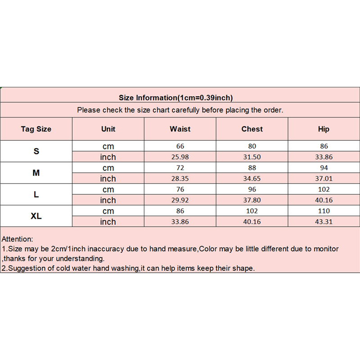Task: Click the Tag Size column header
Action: coord(36,129)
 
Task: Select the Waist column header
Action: coord(180,129)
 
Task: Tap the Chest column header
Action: coord(252,129)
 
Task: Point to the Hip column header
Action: coord(324,129)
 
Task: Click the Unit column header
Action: coord(108,129)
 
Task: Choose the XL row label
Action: coord(36,216)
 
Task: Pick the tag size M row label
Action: coord(36,173)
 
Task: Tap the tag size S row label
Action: coord(36,152)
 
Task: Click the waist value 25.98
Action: coord(180,157)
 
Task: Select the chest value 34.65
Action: coord(252,179)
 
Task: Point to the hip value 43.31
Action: coord(324,222)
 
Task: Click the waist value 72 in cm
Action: coord(180,168)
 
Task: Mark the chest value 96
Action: coord(252,189)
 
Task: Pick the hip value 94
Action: coord(324,168)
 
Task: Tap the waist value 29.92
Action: coord(180,200)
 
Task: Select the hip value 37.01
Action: coord(324,179)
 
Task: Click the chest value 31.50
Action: coord(252,157)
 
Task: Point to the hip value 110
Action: coord(324,211)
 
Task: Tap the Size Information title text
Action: coord(175,98)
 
